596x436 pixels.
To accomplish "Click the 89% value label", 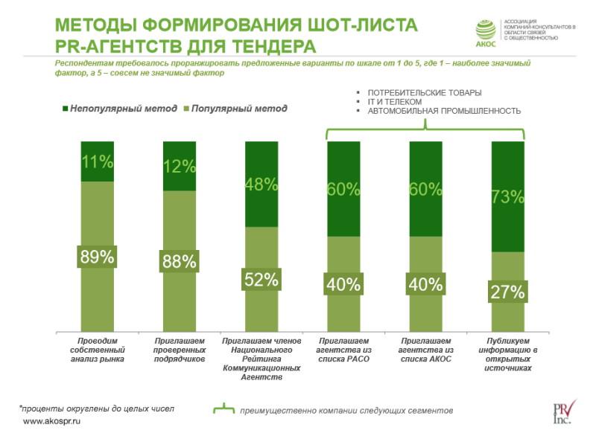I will click(x=98, y=257).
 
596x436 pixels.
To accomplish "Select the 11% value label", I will click(x=98, y=161).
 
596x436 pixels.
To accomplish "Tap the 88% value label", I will click(x=180, y=261).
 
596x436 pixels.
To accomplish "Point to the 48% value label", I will click(x=261, y=184).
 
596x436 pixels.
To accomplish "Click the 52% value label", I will click(x=261, y=279).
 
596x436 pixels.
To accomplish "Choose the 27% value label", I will click(x=508, y=292).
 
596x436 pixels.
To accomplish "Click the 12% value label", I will click(x=180, y=167).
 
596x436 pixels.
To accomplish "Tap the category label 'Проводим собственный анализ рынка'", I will click(x=98, y=350).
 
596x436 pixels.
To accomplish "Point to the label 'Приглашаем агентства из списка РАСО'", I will click(x=343, y=350).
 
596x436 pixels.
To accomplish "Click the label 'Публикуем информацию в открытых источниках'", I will click(x=508, y=354).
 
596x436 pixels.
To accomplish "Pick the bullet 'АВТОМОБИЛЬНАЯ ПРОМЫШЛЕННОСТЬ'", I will click(x=443, y=111).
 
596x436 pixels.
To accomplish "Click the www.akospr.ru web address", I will click(x=51, y=421).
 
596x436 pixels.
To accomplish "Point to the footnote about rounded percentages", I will click(x=96, y=408).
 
